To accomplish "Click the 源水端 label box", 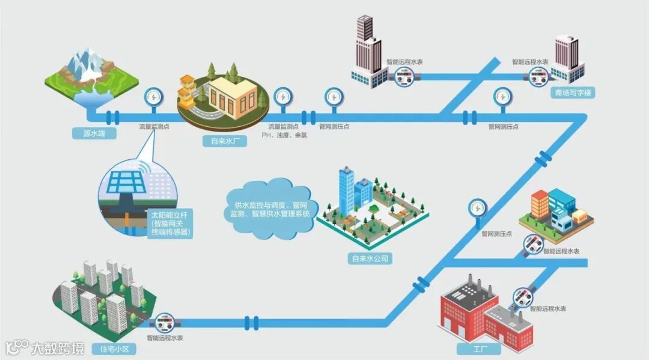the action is [90, 133].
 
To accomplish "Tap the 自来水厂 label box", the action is [224, 142].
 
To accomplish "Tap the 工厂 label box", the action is [471, 349].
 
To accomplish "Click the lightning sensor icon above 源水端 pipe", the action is [152, 97].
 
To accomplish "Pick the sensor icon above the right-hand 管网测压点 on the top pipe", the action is [502, 97].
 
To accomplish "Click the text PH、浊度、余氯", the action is [284, 136].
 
